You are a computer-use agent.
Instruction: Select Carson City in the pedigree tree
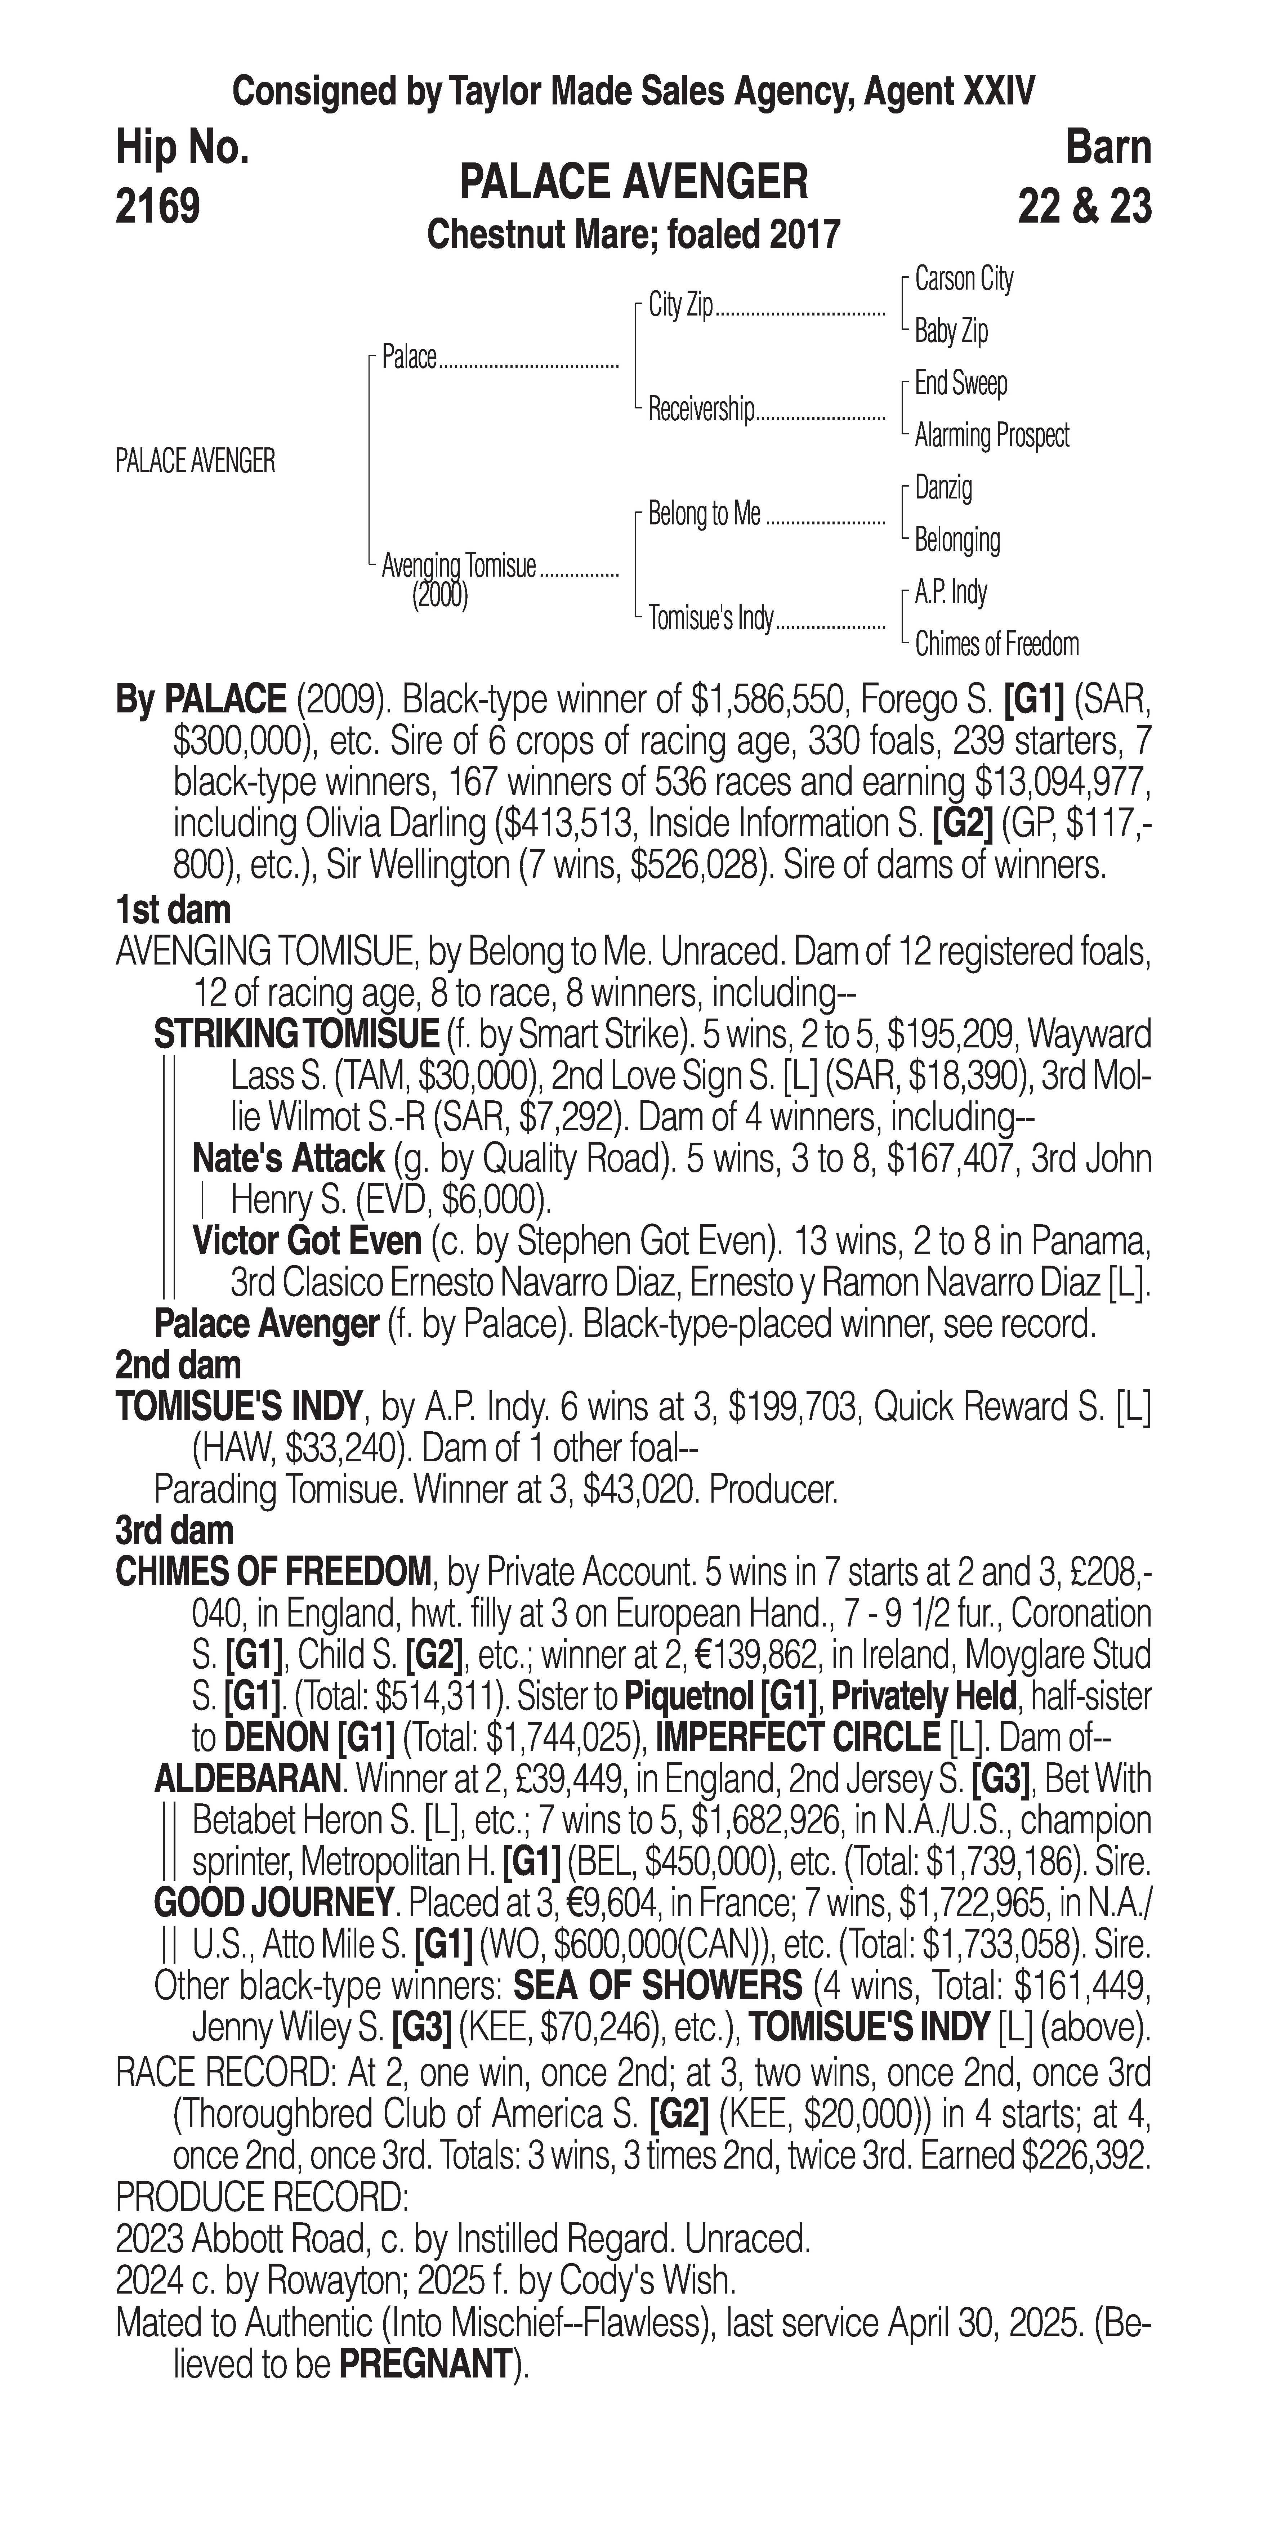tap(963, 279)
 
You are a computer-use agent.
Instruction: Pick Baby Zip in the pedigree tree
tap(951, 331)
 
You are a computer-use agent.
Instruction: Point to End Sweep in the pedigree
tap(960, 383)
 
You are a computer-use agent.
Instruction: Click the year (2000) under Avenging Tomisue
tap(439, 596)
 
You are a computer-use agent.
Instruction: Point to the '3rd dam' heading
tap(175, 1530)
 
